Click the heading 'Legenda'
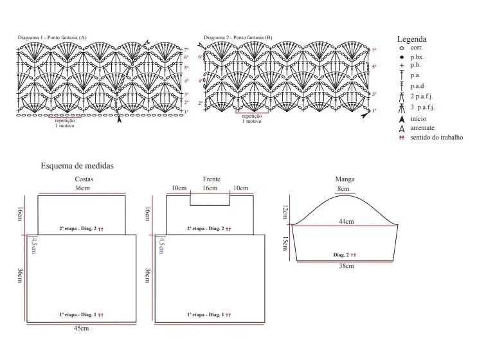coord(411,39)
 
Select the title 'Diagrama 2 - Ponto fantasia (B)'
coord(238,39)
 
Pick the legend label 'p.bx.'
coord(418,58)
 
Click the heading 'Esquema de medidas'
coord(77,166)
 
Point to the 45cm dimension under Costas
coord(81,328)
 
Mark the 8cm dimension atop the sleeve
coord(343,189)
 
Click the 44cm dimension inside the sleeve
coord(346,222)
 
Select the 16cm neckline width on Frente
coord(210,188)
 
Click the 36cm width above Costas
coord(82,188)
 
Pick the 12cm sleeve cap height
coord(285,210)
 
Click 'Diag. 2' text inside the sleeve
coord(341,255)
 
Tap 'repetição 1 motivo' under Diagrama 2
coord(251,118)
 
